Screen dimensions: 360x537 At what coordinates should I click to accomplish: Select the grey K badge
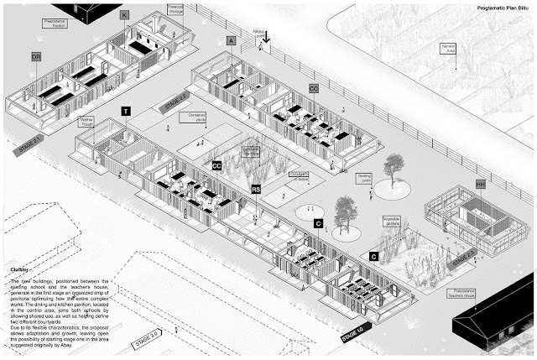(x=124, y=15)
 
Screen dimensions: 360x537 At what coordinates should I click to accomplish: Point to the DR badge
(x=36, y=56)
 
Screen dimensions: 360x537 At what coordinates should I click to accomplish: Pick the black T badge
(x=126, y=111)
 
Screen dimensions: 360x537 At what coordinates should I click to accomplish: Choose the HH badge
(x=481, y=183)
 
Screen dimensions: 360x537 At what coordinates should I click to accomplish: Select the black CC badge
(x=216, y=166)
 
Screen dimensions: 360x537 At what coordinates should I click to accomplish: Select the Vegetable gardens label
(x=393, y=220)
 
